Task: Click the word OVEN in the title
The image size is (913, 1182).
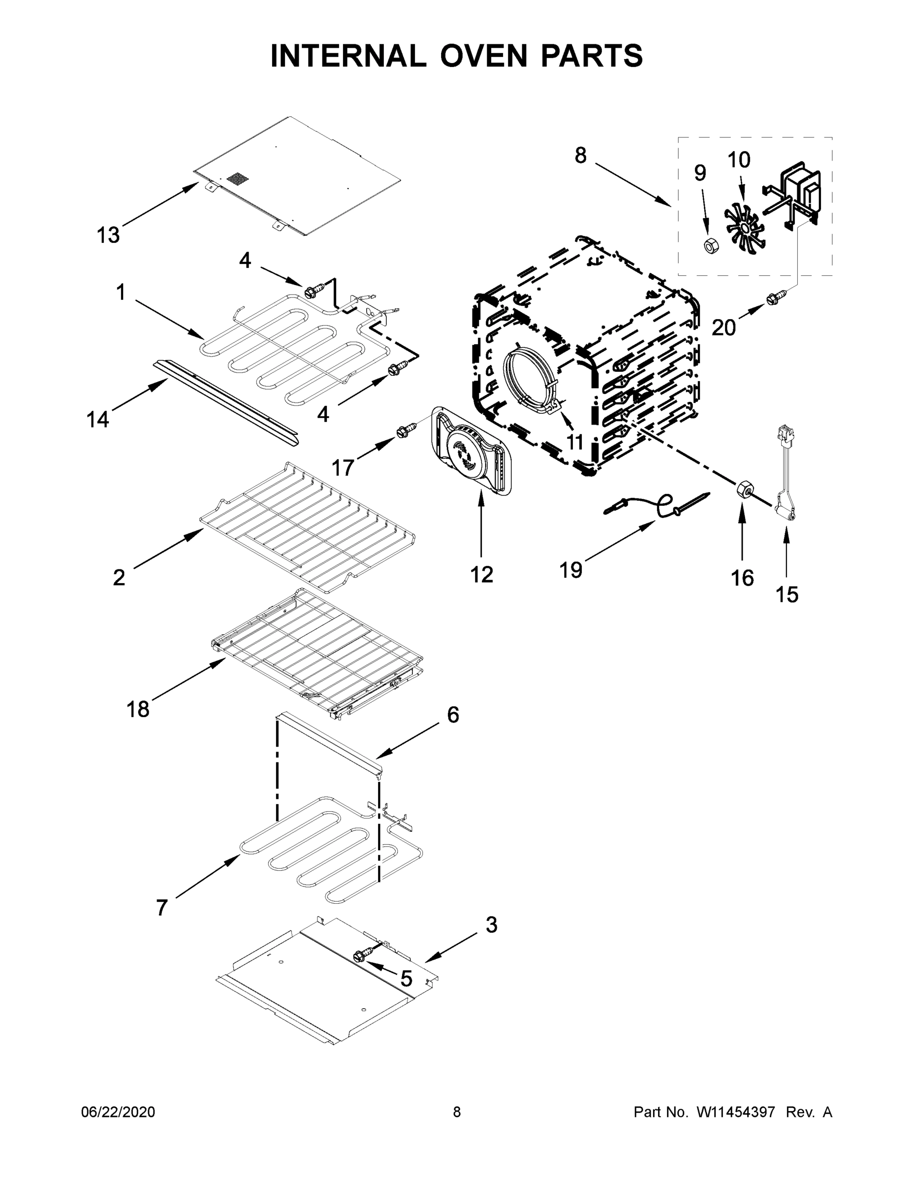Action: (x=483, y=56)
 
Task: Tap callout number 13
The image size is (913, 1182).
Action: (x=108, y=235)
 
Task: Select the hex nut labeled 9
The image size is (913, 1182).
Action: (x=710, y=246)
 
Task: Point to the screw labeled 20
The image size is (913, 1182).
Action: (x=772, y=297)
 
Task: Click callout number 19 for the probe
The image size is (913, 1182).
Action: (x=570, y=570)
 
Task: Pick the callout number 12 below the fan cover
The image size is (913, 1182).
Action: (x=481, y=574)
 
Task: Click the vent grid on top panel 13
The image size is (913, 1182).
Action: (x=236, y=179)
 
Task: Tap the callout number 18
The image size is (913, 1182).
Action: (x=137, y=708)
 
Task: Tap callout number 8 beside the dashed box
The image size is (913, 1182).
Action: (x=580, y=156)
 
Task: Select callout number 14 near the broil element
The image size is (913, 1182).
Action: (x=98, y=419)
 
